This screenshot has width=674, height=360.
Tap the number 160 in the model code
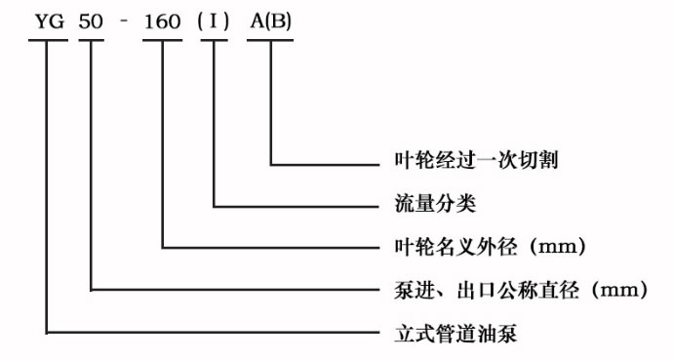(x=162, y=21)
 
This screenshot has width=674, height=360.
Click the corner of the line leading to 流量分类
(x=214, y=206)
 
